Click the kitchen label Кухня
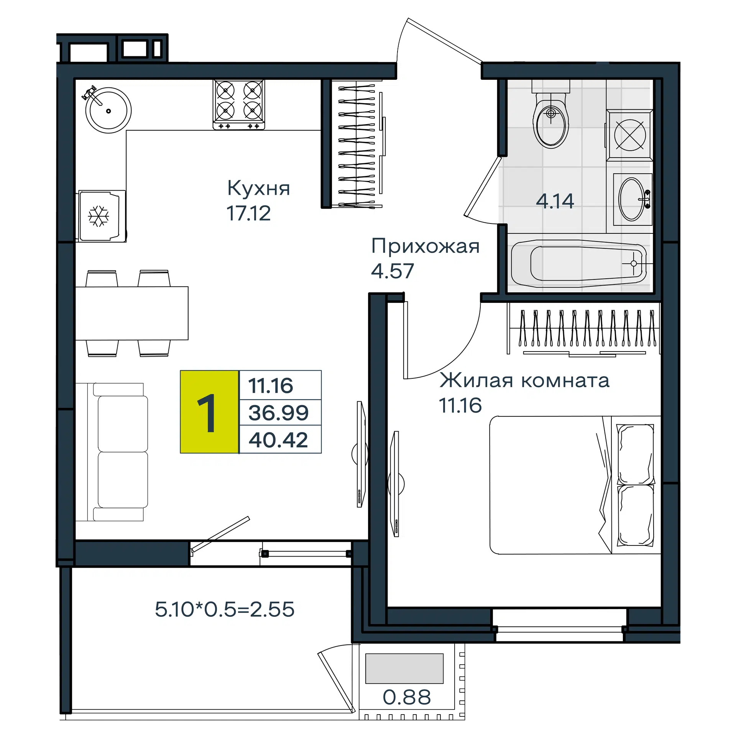click(259, 188)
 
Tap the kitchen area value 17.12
click(248, 214)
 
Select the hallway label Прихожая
click(426, 246)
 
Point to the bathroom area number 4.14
click(555, 201)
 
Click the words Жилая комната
click(524, 380)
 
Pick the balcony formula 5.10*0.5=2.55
click(225, 609)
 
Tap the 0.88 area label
click(407, 697)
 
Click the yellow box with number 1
click(209, 412)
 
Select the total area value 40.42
click(278, 440)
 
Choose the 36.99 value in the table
click(278, 413)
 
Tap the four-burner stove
click(239, 105)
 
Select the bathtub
click(579, 263)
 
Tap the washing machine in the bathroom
click(629, 135)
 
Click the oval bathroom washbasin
click(632, 199)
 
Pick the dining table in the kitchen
click(132, 313)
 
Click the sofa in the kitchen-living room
click(111, 452)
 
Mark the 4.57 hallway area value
click(393, 271)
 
